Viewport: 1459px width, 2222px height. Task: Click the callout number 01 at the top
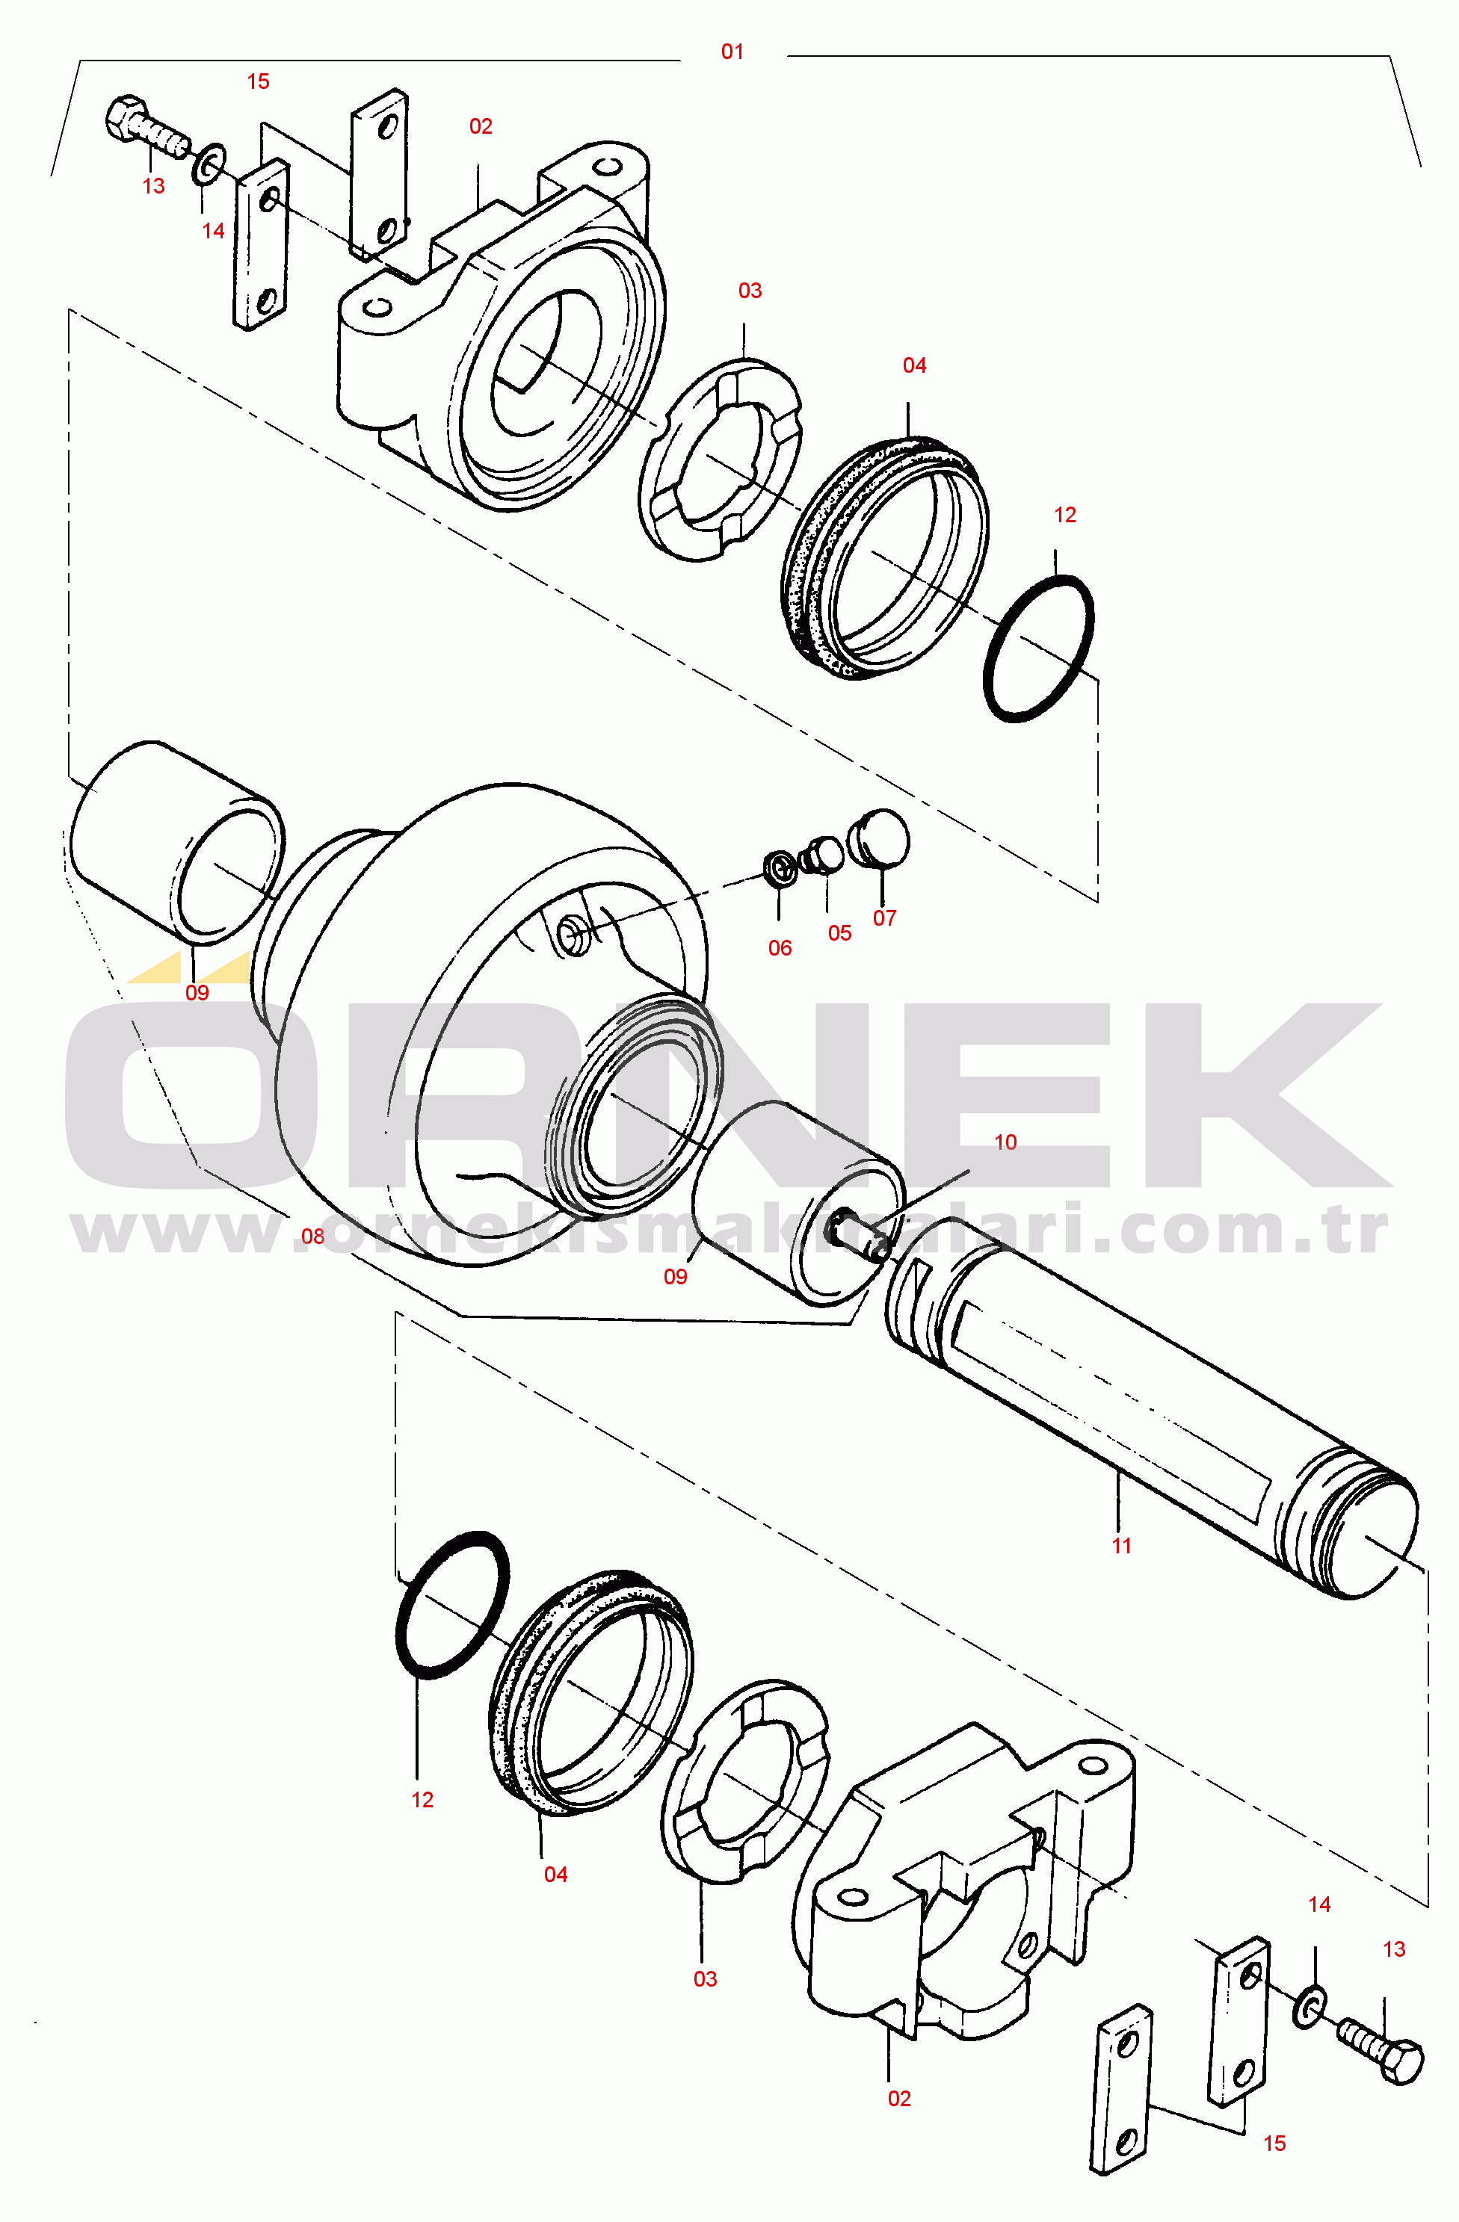tap(732, 52)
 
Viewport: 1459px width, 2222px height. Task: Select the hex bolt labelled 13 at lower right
tap(1381, 2050)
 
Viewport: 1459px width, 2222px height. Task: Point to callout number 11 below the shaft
tap(1122, 1545)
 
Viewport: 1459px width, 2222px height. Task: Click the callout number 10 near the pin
tap(1005, 1142)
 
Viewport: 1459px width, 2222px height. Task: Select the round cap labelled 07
tap(879, 837)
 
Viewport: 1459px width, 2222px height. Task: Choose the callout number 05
tap(839, 932)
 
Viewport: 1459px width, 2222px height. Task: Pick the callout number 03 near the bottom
tap(706, 1978)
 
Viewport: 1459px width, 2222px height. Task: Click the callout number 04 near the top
tap(914, 365)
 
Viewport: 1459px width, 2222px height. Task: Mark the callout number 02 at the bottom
tap(899, 2098)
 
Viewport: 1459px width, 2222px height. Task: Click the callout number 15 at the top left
tap(258, 81)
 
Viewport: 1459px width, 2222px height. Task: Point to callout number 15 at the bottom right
tap(1275, 2143)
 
